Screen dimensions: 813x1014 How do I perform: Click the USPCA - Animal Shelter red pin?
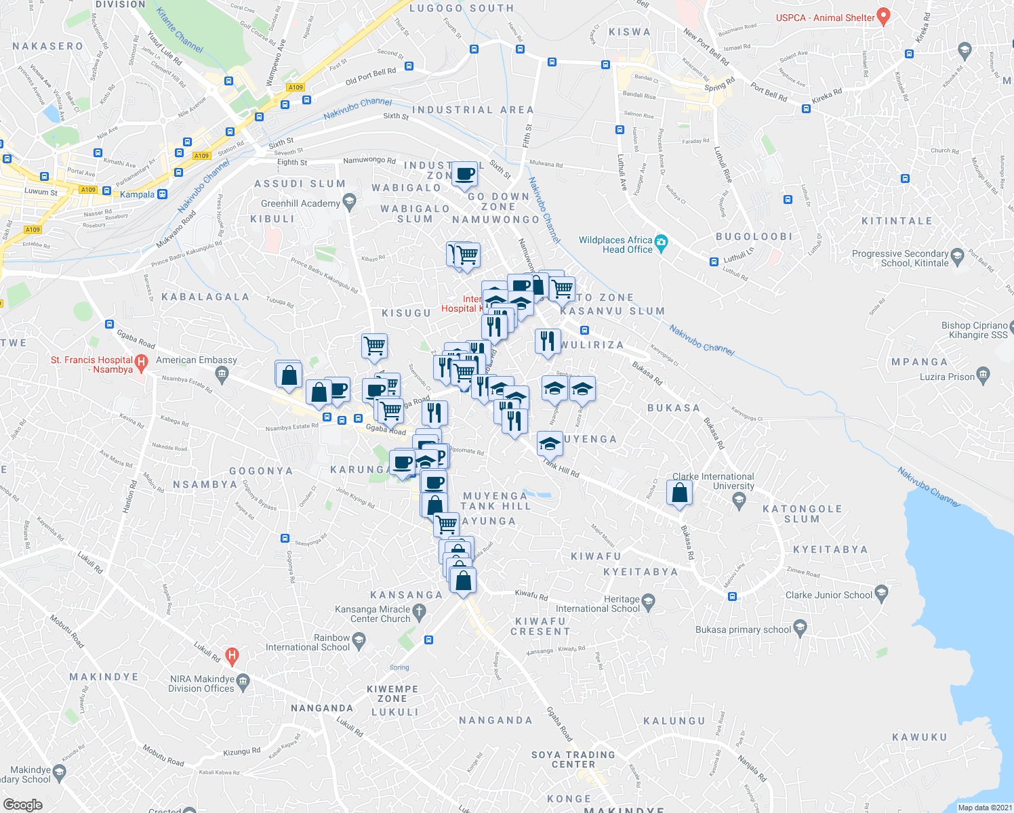[883, 15]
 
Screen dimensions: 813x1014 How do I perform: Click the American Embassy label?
[197, 360]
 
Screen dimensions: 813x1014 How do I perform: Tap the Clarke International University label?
[713, 482]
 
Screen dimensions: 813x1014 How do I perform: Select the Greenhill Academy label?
[300, 203]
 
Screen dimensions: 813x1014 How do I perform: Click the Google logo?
[22, 804]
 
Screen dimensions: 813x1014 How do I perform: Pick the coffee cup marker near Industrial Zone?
[466, 174]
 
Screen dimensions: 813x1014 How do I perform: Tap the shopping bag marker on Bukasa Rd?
[679, 493]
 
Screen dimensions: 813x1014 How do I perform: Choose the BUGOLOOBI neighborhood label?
[754, 236]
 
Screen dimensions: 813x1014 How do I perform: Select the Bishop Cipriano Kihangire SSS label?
[974, 330]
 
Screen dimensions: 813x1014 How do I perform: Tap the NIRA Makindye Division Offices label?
[201, 684]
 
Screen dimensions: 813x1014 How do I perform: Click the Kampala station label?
[138, 194]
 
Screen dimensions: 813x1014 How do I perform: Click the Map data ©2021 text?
[985, 807]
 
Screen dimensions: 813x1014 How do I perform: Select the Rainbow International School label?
[308, 642]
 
